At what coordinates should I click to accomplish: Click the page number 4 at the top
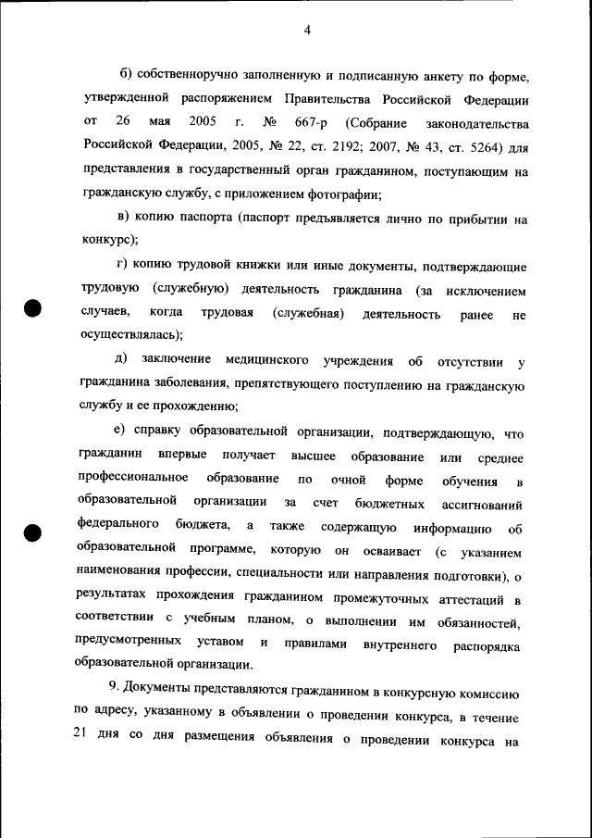(x=306, y=31)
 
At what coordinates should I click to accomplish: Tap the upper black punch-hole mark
(x=33, y=308)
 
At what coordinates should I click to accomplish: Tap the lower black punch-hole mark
(x=33, y=533)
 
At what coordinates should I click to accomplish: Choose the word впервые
(x=181, y=457)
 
